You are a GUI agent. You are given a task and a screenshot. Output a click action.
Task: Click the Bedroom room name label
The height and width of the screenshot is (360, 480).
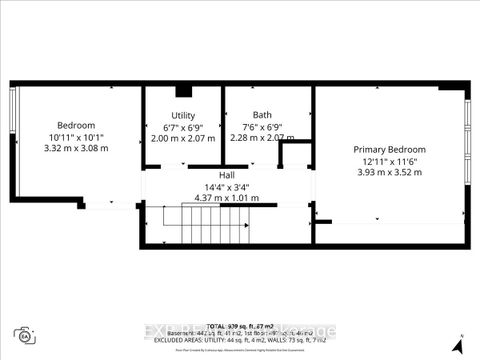[75, 125]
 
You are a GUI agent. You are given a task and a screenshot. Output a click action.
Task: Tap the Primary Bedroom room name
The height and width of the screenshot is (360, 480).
[391, 148]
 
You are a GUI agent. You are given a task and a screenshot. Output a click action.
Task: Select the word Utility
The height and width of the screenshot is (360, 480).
[183, 116]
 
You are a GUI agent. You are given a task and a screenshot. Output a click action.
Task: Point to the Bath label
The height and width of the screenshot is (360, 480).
[262, 116]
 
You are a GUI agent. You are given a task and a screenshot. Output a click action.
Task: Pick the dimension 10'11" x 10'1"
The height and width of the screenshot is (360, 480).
[75, 137]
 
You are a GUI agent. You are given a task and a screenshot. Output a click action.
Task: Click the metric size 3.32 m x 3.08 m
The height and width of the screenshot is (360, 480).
[75, 148]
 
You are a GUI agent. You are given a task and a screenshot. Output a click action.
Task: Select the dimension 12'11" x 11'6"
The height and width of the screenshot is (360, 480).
[391, 160]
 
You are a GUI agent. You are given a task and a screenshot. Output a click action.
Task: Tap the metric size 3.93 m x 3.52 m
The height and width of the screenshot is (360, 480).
[391, 171]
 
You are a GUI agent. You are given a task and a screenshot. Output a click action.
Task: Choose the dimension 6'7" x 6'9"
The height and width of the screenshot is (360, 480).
[183, 127]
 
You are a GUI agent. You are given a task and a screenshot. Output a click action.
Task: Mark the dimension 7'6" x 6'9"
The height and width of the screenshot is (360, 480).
[262, 127]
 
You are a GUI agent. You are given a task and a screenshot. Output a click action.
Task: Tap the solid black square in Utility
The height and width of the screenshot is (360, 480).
[183, 91]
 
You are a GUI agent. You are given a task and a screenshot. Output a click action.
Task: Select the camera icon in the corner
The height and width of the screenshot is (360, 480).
[22, 335]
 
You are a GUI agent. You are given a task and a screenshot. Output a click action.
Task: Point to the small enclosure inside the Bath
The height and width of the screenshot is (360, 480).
[296, 155]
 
